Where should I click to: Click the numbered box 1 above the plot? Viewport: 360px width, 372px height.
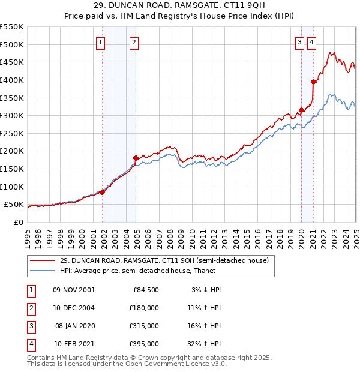[100, 42]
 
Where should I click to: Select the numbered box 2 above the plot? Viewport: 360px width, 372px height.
[133, 42]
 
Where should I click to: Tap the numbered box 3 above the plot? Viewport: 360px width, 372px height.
[299, 42]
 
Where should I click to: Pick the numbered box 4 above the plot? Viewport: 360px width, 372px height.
[312, 42]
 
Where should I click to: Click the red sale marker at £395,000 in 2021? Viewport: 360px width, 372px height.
[313, 82]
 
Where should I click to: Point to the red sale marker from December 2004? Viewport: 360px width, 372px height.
[136, 158]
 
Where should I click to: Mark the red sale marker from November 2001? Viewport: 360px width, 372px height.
[103, 192]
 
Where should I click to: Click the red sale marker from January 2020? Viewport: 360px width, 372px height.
[301, 110]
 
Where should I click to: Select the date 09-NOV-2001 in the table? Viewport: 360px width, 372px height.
[74, 290]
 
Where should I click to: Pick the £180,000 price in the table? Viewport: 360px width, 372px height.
[143, 308]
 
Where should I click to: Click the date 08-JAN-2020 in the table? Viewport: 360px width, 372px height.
[74, 326]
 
